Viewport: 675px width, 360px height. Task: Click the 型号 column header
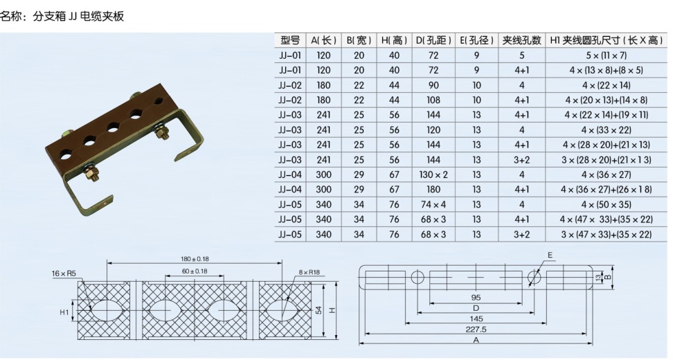pos(290,40)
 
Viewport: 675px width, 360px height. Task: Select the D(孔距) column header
pos(433,40)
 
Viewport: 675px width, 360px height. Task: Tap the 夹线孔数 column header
pos(522,40)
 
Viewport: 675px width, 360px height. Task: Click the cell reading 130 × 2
pos(433,175)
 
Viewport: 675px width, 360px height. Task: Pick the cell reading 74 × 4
pos(433,204)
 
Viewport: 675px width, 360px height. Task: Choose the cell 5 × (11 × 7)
pos(606,55)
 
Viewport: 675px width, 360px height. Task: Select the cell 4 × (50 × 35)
pos(606,204)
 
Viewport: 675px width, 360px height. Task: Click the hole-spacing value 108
pos(433,100)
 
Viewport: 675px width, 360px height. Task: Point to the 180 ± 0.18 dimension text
pos(195,259)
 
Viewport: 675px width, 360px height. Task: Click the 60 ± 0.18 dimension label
pos(194,271)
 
